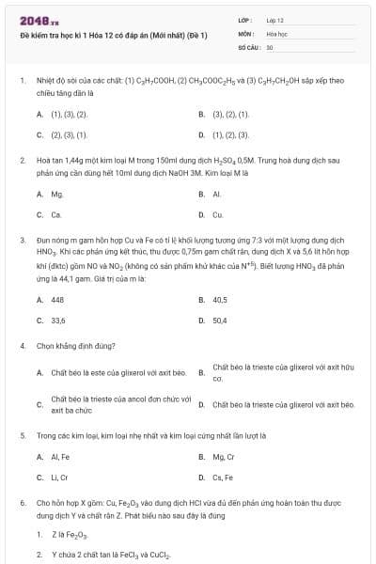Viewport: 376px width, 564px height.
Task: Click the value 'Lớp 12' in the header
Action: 274,20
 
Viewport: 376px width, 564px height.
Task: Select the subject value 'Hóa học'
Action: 276,33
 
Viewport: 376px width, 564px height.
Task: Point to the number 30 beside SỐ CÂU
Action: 270,46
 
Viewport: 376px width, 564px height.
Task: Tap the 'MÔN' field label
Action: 245,33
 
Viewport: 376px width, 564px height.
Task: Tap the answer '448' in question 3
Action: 58,300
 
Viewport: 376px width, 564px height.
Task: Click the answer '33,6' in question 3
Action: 58,321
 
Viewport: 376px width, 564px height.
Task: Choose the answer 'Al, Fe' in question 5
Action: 60,457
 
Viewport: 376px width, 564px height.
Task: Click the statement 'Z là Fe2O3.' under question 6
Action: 70,535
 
